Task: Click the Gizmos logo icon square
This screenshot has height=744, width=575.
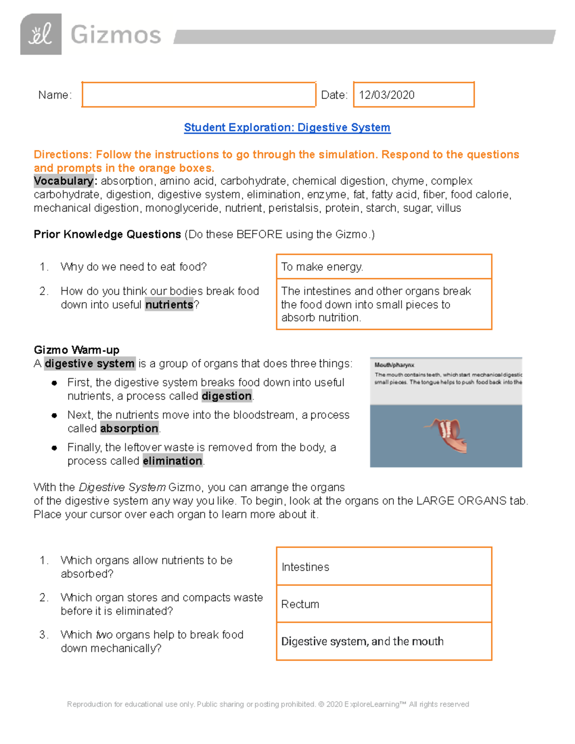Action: pyautogui.click(x=41, y=34)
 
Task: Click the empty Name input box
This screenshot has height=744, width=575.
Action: pyautogui.click(x=198, y=95)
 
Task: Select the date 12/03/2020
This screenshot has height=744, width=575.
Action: pyautogui.click(x=387, y=95)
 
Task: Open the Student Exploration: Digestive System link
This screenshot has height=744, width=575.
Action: pyautogui.click(x=287, y=127)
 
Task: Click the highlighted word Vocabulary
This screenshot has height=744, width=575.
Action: pyautogui.click(x=64, y=181)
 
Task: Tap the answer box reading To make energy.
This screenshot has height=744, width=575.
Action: pyautogui.click(x=384, y=267)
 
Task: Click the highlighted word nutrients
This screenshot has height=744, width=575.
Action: pyautogui.click(x=169, y=305)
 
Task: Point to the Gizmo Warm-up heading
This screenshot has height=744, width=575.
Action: pyautogui.click(x=76, y=350)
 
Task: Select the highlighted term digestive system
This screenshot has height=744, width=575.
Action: pyautogui.click(x=90, y=364)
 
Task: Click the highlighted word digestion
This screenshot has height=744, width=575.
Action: pyautogui.click(x=227, y=396)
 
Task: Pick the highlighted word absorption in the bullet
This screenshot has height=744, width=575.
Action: pyautogui.click(x=129, y=428)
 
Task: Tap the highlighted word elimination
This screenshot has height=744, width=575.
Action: pyautogui.click(x=172, y=461)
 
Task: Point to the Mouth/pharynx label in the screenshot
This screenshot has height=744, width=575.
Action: pyautogui.click(x=394, y=365)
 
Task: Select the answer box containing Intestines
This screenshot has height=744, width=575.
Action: pyautogui.click(x=384, y=567)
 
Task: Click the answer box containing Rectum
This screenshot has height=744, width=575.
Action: pyautogui.click(x=384, y=604)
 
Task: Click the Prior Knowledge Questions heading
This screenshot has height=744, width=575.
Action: pyautogui.click(x=107, y=234)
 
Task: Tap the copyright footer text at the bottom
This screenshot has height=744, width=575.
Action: pyautogui.click(x=268, y=704)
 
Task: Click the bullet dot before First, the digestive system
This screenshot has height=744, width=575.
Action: pyautogui.click(x=55, y=383)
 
